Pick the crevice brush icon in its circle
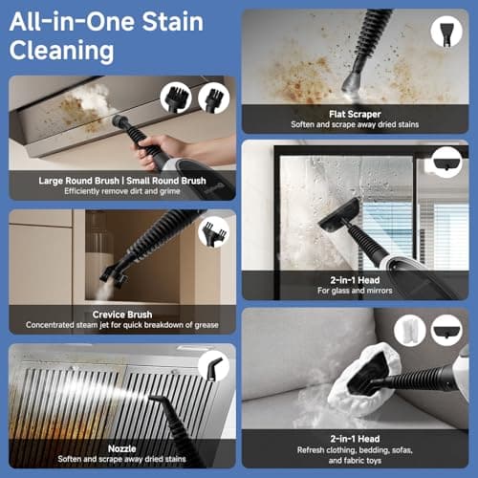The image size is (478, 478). [x=213, y=232]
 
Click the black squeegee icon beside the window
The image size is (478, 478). [x=447, y=163]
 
